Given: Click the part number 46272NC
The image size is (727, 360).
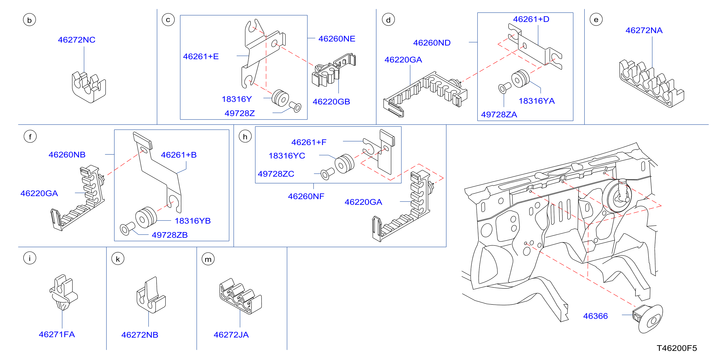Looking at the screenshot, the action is click(x=76, y=40).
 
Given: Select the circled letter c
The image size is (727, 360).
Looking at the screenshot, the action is click(x=168, y=20).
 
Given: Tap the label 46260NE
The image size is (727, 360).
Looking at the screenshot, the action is click(x=337, y=39).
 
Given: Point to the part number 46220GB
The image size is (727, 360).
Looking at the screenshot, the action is click(x=331, y=102).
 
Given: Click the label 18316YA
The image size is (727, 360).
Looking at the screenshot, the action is click(x=536, y=101).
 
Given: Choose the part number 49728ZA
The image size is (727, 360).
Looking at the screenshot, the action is click(x=499, y=115).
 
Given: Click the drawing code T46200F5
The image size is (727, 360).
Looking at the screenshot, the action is click(x=677, y=348).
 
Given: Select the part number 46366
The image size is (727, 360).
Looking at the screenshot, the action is click(x=595, y=316).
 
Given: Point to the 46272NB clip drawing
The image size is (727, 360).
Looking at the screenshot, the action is click(x=151, y=295).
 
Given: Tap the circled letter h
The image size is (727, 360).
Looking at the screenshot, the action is click(x=245, y=137).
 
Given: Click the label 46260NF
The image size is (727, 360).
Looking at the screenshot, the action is click(x=306, y=196).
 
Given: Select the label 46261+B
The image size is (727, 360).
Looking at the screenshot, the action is click(x=179, y=155).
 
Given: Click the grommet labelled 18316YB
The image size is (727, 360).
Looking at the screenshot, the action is click(x=146, y=218).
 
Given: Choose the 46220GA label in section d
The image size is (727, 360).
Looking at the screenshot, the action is click(x=403, y=60).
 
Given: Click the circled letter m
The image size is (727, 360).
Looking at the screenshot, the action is click(x=208, y=259).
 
